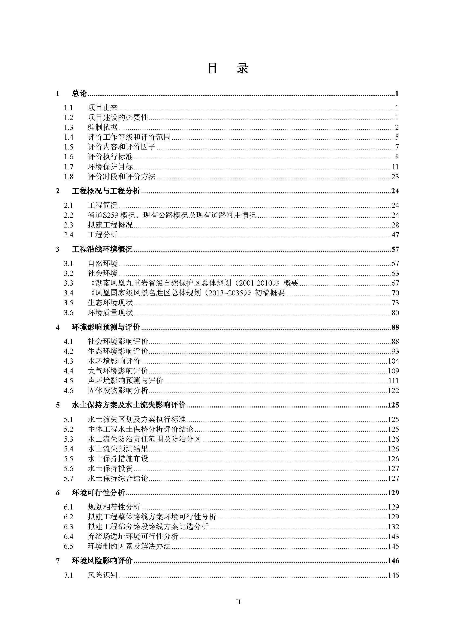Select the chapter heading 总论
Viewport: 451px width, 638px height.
79,94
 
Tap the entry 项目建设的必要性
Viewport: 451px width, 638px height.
118,118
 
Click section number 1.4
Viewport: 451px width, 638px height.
69,137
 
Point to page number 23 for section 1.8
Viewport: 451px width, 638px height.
395,177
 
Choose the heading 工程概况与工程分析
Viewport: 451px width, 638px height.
106,191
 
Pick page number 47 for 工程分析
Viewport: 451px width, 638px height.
395,235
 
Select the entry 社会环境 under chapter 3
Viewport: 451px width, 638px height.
103,273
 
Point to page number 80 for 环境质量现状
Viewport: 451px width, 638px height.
395,313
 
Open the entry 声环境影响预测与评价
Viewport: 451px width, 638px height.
125,381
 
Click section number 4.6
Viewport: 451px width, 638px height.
69,391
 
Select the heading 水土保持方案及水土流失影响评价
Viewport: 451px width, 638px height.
129,405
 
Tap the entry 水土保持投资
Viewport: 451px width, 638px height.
110,469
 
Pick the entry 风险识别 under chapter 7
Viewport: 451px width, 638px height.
103,575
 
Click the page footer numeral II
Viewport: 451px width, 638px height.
238,603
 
